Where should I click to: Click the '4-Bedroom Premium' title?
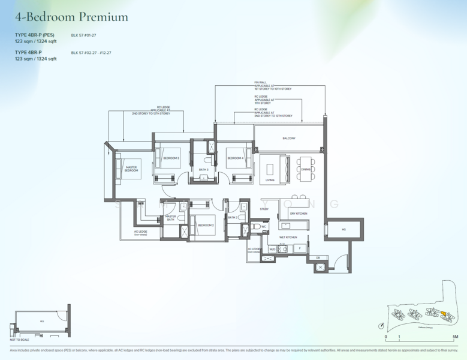71,17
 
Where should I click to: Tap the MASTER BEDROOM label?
131,170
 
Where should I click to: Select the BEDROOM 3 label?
171,158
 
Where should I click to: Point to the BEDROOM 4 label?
234,158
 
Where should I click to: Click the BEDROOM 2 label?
206,225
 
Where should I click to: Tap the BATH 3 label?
204,170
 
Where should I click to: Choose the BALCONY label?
289,139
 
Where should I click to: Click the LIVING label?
270,179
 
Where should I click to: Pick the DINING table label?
306,169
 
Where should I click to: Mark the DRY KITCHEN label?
299,214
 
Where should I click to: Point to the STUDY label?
264,209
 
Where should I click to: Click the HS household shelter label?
344,229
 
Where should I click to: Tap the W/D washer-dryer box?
272,248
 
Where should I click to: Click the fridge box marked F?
299,248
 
